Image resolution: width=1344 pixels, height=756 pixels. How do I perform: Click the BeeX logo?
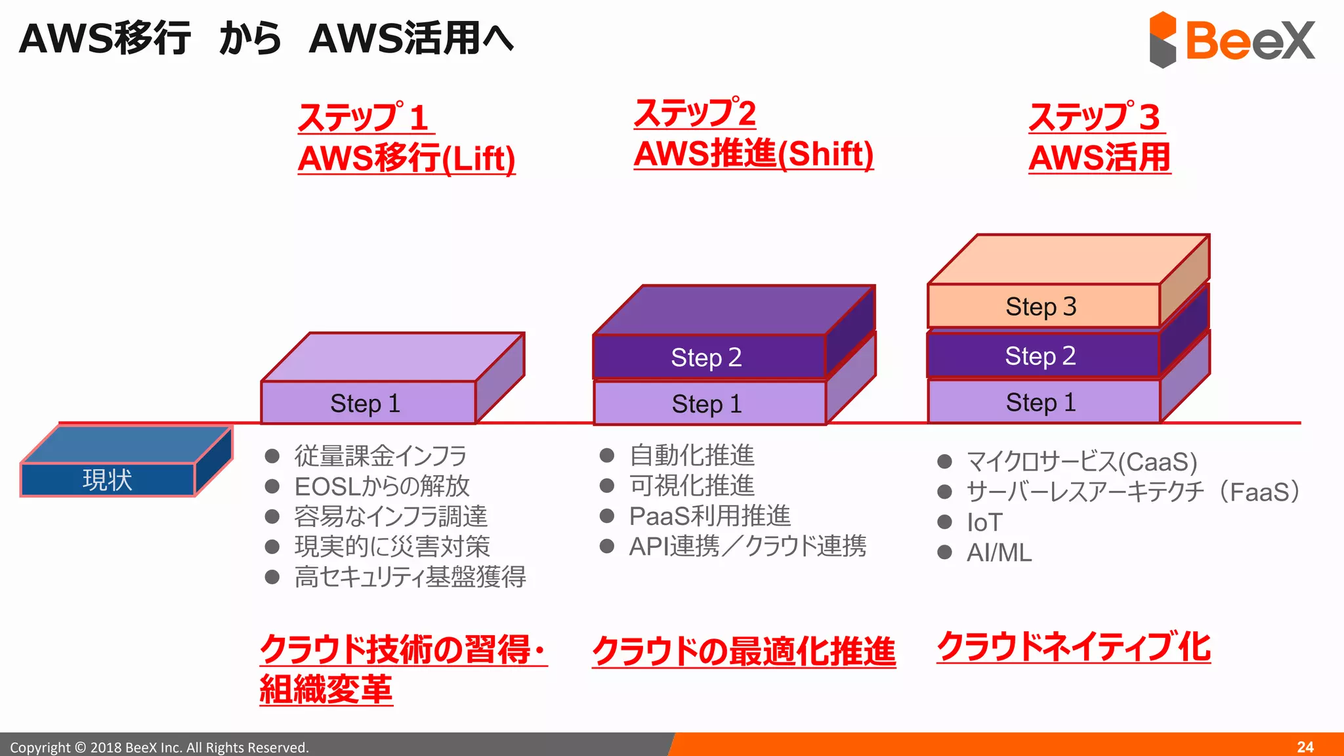[1232, 40]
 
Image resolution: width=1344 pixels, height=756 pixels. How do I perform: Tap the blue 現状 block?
[108, 479]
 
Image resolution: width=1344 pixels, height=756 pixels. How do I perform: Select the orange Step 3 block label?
[1041, 306]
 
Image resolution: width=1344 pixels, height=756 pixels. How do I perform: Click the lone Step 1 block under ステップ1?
[366, 403]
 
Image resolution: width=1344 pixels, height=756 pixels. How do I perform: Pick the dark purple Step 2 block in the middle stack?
[707, 358]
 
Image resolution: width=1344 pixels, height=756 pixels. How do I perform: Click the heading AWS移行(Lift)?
[407, 158]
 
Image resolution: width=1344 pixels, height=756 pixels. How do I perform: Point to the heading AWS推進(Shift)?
[753, 154]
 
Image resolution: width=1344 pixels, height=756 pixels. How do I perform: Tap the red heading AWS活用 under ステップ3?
[1100, 158]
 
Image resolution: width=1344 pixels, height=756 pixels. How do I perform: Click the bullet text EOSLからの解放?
[382, 486]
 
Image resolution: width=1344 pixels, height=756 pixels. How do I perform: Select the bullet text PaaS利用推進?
[709, 516]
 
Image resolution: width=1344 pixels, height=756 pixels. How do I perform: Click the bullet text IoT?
[984, 523]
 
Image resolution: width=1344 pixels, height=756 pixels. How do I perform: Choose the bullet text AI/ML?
[999, 553]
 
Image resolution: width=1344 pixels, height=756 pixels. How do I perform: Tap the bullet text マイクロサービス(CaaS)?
[1081, 462]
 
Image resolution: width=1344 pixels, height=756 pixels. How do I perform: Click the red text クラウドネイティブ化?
[1074, 647]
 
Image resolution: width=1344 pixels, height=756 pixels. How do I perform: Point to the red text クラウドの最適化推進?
[744, 651]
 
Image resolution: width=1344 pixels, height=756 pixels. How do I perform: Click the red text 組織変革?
[326, 689]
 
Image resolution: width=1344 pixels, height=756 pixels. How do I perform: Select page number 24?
[1305, 747]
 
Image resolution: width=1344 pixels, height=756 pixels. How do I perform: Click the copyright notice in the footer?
[159, 747]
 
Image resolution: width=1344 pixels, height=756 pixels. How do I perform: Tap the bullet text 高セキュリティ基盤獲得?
[410, 577]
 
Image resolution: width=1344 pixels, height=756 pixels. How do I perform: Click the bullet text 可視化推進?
[692, 486]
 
